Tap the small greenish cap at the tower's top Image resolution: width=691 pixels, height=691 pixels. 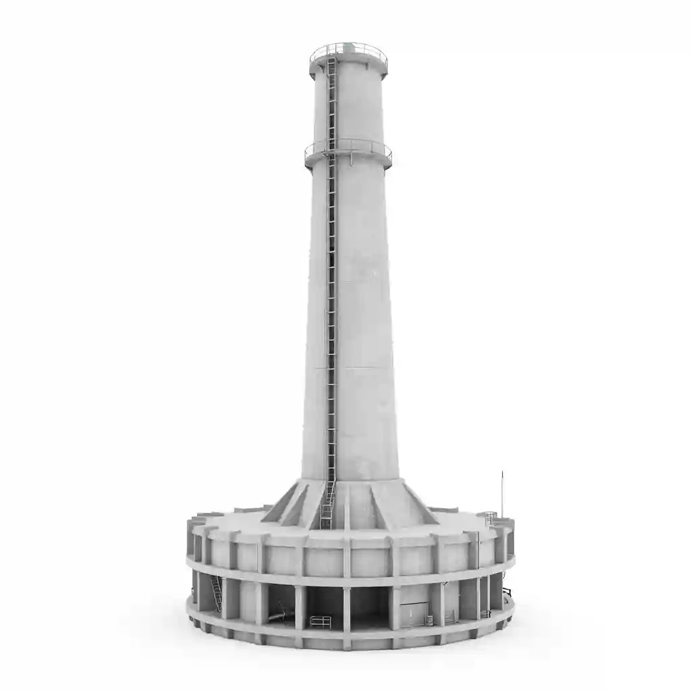point(348,47)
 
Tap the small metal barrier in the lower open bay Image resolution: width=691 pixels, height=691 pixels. point(321,621)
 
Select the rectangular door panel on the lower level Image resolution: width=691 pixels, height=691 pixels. point(412,614)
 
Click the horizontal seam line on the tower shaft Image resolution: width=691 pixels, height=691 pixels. point(351,368)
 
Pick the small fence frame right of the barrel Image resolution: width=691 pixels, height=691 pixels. point(448,617)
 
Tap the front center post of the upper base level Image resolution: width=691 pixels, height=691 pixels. point(347,557)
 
